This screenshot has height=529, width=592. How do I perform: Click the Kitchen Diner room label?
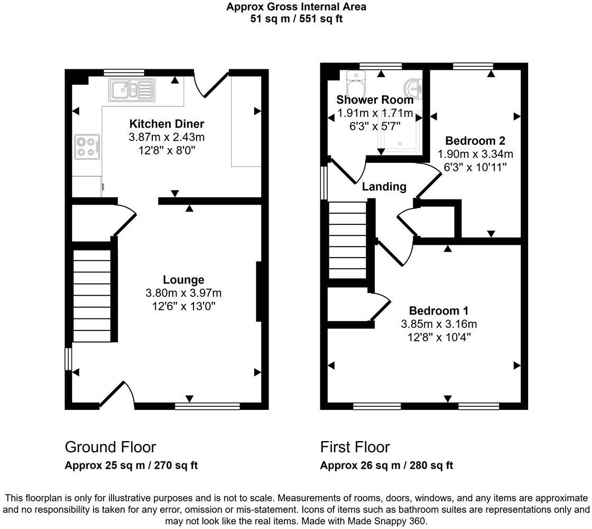[166, 124]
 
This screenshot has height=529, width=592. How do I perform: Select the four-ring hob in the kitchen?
[88, 147]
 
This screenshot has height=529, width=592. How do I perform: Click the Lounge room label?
[183, 280]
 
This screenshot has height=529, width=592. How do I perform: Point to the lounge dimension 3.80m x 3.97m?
[183, 293]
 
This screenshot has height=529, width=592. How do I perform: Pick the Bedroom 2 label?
[475, 141]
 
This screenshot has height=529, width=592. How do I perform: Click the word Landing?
[384, 186]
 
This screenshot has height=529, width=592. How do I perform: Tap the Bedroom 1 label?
[438, 311]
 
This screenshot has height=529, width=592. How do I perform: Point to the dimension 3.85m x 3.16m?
[438, 324]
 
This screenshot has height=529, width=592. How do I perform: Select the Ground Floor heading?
[110, 447]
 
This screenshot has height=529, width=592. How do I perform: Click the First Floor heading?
[355, 447]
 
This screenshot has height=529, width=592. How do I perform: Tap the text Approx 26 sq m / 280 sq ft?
[386, 466]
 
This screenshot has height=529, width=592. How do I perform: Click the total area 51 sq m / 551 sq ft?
[296, 19]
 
